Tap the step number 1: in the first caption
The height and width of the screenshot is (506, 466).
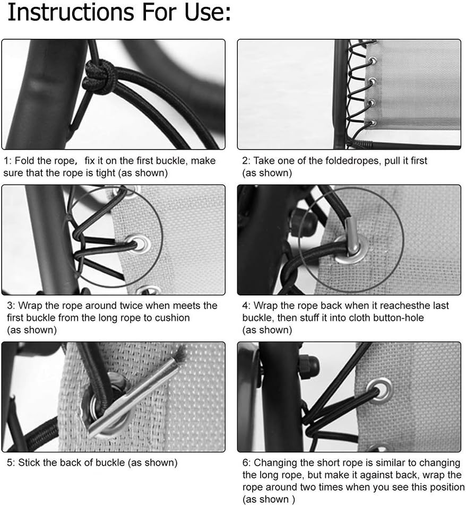[8, 161]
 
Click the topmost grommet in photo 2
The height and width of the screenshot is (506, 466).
[372, 62]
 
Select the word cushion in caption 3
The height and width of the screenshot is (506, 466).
[172, 318]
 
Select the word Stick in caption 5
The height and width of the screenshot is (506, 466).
[29, 463]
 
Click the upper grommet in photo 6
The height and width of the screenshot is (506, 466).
[380, 390]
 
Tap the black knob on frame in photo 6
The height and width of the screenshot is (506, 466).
[308, 367]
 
